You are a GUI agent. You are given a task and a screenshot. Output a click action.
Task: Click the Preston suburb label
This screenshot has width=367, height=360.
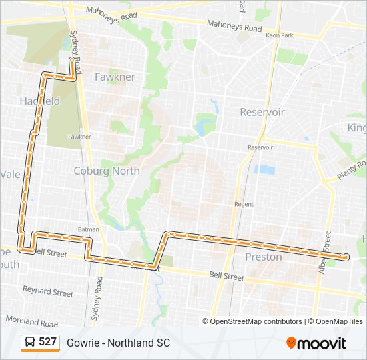tap(264, 257)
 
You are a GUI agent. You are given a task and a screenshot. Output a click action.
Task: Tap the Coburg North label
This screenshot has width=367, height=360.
tap(107, 171)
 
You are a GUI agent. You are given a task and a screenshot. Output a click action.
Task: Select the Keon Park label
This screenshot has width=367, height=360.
tap(279, 35)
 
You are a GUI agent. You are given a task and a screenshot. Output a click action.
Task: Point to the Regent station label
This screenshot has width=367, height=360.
tap(244, 204)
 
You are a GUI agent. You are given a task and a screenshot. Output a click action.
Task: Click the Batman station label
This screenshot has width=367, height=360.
tap(88, 229)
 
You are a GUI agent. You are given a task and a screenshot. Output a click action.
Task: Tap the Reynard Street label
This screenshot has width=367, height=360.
tap(48, 291)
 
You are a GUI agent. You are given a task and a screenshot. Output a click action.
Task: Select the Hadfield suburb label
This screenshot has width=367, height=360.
tap(40, 101)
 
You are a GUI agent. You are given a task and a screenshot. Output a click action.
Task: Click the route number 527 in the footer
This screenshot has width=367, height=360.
tap(47, 342)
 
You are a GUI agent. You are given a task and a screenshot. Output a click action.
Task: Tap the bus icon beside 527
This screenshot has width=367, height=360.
tap(31, 342)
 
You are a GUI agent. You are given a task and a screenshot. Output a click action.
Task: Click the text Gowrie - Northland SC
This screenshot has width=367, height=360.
tap(118, 343)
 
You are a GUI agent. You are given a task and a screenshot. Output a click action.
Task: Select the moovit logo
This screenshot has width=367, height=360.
tap(316, 343)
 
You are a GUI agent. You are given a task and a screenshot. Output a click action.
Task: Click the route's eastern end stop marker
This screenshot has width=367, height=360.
tap(344, 256)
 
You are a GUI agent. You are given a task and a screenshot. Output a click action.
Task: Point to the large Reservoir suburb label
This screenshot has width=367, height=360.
tap(262, 112)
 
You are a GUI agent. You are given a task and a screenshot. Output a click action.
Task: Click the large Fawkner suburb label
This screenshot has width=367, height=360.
tap(115, 77)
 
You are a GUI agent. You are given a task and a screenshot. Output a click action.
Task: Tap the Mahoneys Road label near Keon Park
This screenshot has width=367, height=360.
tap(234, 28)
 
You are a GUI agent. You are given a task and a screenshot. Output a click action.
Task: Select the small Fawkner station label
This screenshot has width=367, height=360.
tap(79, 137)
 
